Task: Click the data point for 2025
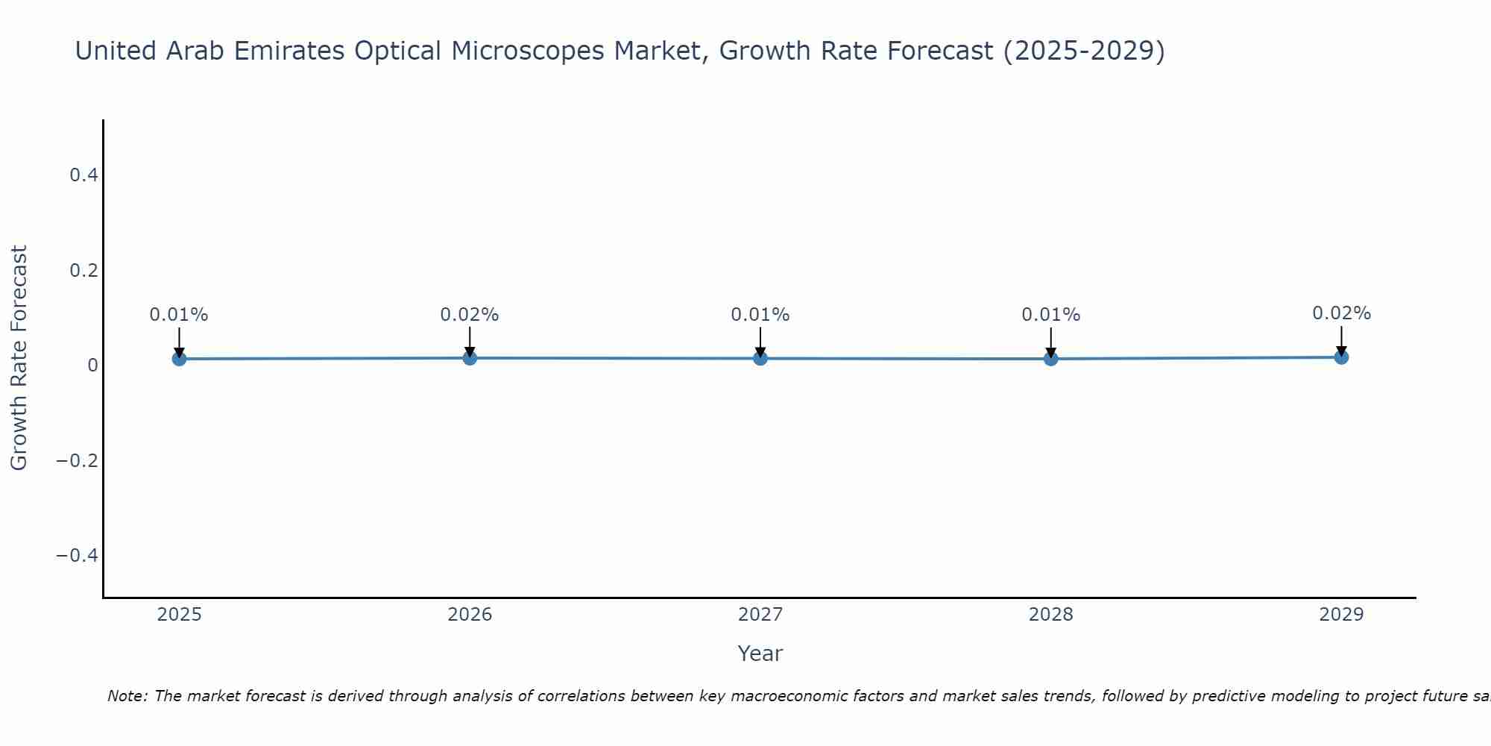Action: coord(179,359)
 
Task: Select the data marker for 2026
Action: coord(470,358)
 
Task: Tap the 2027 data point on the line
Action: coord(760,359)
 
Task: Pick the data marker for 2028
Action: coord(1051,359)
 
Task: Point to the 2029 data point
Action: coord(1341,357)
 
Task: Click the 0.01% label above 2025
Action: coord(179,315)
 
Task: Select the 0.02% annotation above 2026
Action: coord(470,315)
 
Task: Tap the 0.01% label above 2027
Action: coord(760,315)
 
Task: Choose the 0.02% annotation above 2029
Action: coord(1341,313)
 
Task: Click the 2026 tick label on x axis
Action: coord(470,615)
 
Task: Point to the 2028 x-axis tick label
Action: coord(1051,615)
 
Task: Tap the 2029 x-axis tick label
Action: coord(1341,615)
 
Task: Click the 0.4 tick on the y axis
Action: coord(83,175)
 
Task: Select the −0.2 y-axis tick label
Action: coord(78,460)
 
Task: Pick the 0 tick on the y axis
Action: coord(93,366)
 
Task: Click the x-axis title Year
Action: coord(760,653)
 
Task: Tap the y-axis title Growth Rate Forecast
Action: coord(19,358)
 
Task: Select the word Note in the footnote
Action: coord(127,696)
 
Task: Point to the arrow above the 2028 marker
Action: coord(1051,342)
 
